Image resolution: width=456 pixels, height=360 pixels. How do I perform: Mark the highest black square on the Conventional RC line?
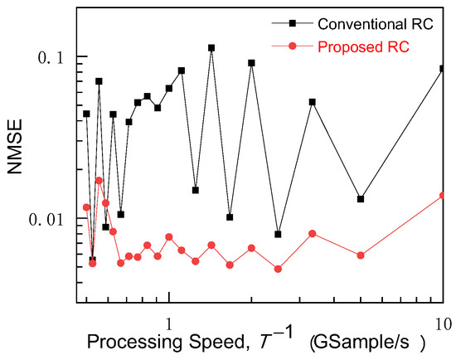pyautogui.click(x=211, y=48)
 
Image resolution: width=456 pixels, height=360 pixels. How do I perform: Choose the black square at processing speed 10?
pyautogui.click(x=443, y=69)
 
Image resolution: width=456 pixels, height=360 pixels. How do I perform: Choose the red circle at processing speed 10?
pyautogui.click(x=443, y=196)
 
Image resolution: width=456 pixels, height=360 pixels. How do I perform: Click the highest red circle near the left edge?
pyautogui.click(x=99, y=180)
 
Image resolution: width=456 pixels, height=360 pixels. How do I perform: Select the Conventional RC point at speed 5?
pyautogui.click(x=361, y=199)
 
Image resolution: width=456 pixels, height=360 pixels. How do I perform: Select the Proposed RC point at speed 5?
pyautogui.click(x=361, y=255)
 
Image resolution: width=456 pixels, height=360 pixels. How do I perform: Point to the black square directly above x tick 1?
pyautogui.click(x=169, y=88)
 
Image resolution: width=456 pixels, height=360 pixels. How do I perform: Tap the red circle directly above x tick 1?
pyautogui.click(x=169, y=236)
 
